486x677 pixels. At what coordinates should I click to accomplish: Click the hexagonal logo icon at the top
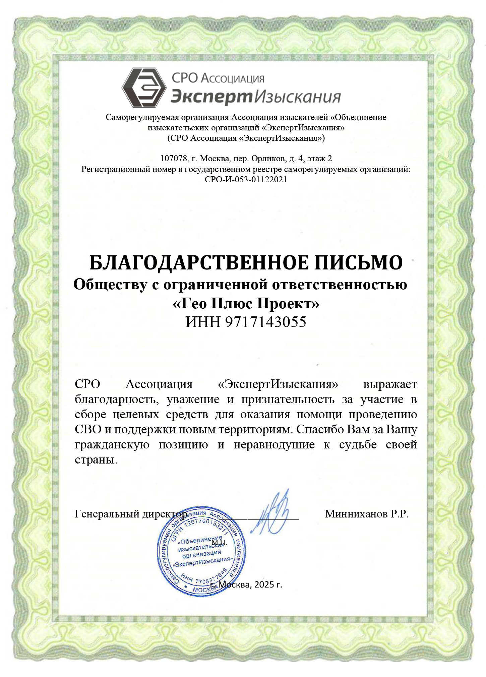coord(144,87)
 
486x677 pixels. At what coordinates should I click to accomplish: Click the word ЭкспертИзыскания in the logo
coord(256,97)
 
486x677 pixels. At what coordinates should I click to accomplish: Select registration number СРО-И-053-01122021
coord(246,179)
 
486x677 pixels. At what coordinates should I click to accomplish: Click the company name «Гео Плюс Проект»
coord(246,304)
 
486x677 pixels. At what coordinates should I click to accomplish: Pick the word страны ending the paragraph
coord(96,459)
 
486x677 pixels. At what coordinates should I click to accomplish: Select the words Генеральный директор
coord(131,514)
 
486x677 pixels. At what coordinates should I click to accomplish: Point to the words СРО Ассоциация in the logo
coord(218,79)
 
